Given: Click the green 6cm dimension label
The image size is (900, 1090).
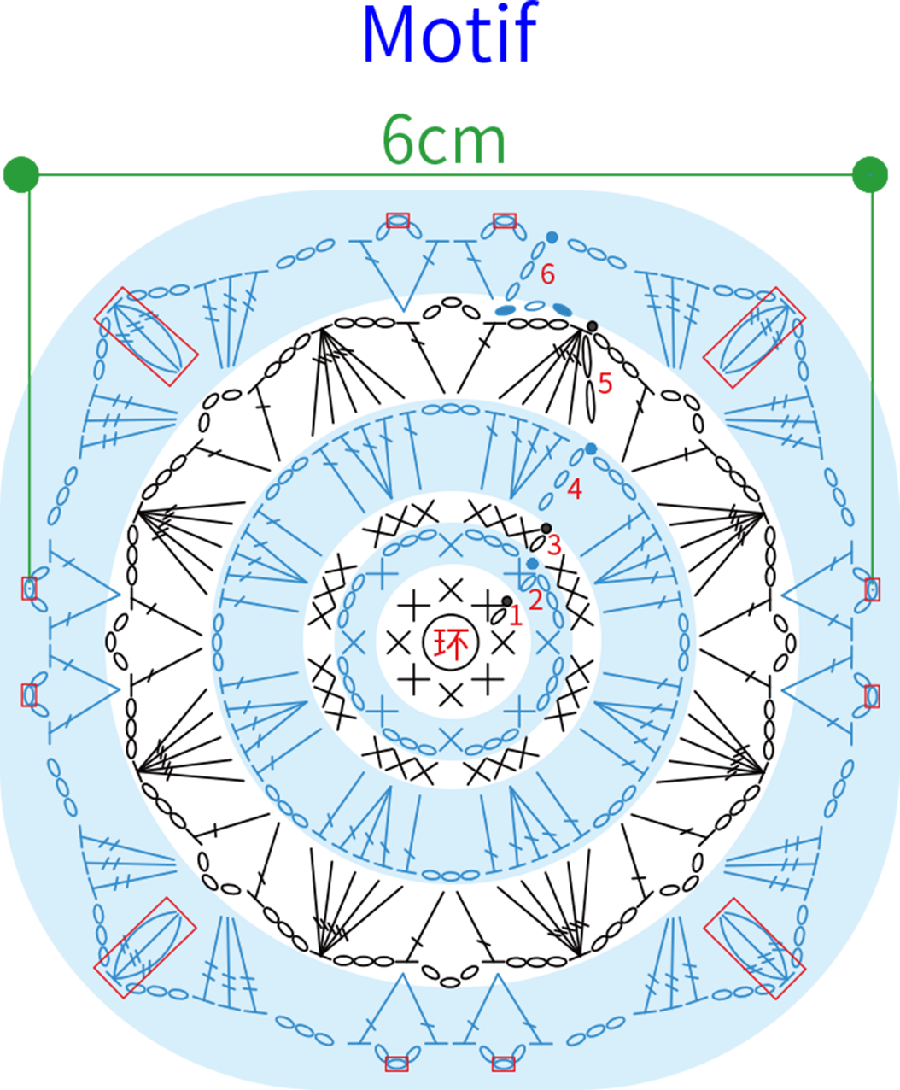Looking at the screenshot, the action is [444, 139].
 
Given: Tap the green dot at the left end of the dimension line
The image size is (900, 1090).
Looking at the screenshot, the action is [21, 174].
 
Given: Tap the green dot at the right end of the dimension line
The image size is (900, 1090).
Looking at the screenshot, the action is [870, 174].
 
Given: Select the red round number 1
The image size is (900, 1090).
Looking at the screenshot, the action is [516, 617].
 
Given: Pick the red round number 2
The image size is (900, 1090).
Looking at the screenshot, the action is [536, 601].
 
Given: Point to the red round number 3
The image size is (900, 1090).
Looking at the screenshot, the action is [553, 546].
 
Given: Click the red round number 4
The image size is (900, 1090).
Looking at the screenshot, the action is [575, 489].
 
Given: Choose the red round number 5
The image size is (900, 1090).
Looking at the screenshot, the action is [605, 384].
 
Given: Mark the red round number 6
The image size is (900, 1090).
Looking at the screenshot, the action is [547, 274].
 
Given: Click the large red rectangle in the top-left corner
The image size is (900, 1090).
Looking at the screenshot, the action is [146, 337].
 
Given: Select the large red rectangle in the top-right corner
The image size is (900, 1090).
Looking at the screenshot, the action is [755, 337].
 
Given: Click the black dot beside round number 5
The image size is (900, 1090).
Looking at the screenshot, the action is [592, 326].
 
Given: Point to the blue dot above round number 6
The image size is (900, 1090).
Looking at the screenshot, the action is [552, 237].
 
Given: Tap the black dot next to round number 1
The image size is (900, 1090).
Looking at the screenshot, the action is [506, 601].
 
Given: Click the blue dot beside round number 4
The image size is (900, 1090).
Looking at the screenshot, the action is [591, 449].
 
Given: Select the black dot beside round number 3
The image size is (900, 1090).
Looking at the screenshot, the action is [546, 528].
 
